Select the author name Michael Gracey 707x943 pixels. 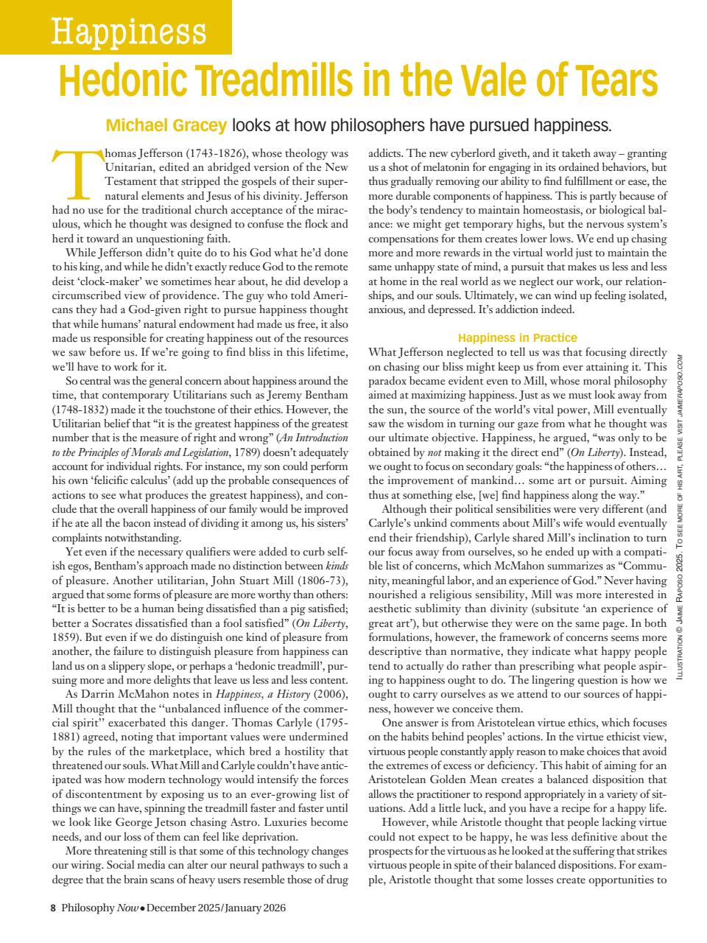tap(166, 125)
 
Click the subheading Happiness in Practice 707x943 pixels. tap(517, 337)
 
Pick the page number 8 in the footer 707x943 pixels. tap(53, 908)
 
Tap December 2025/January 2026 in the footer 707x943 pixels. tap(215, 908)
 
